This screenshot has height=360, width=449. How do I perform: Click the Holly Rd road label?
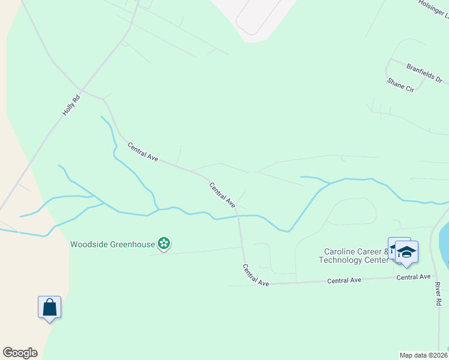[x=71, y=105]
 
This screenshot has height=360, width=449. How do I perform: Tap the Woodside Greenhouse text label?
[x=113, y=244]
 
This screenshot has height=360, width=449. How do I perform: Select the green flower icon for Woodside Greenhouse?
[x=164, y=244]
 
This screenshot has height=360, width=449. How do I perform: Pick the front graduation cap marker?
[x=407, y=252]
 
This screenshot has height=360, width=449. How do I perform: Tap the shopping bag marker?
[x=50, y=307]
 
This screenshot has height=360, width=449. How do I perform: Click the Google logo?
[x=20, y=353]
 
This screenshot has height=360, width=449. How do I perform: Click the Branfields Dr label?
[x=424, y=74]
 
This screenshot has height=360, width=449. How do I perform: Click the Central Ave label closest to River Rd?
[x=414, y=277]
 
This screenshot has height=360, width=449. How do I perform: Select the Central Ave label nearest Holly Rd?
[x=142, y=151]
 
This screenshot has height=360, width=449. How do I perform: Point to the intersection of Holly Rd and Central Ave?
[x=84, y=91]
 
